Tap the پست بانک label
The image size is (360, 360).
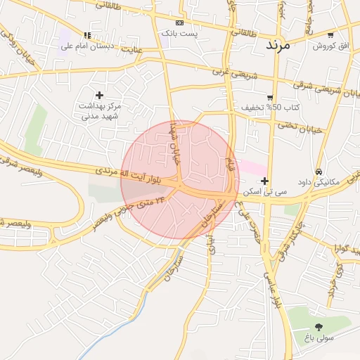[x=179, y=33]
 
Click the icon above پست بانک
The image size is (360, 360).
[x=179, y=22]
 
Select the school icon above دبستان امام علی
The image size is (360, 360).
[x=87, y=35]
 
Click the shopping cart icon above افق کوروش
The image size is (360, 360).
[x=330, y=35]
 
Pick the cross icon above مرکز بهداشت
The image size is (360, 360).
[x=99, y=95]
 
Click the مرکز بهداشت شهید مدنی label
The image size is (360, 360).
[x=99, y=110]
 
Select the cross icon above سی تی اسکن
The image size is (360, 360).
[x=264, y=181]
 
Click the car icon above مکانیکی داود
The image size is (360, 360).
[x=319, y=172]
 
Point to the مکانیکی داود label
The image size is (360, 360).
[x=318, y=182]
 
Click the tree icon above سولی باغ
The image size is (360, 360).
[x=319, y=327]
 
